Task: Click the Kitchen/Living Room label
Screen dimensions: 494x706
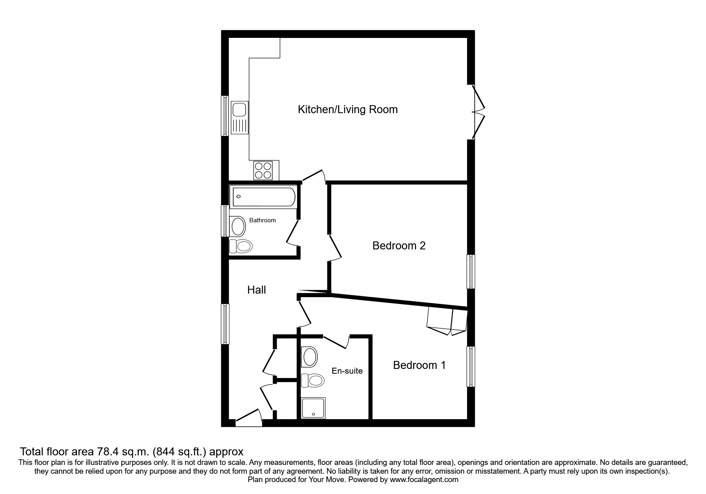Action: pyautogui.click(x=348, y=110)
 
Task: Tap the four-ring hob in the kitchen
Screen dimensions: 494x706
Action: pyautogui.click(x=263, y=170)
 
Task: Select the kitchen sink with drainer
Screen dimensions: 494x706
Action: pyautogui.click(x=240, y=118)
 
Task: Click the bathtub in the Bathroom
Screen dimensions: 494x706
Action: pyautogui.click(x=264, y=197)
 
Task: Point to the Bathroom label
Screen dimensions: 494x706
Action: pyautogui.click(x=262, y=220)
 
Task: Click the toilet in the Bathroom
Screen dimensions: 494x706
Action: pyautogui.click(x=241, y=246)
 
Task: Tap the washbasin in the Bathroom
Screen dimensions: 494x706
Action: pyautogui.click(x=238, y=226)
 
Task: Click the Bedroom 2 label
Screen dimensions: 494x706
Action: pyautogui.click(x=399, y=246)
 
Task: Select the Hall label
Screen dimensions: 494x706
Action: pyautogui.click(x=256, y=290)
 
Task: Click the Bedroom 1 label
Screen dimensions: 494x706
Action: pyautogui.click(x=419, y=365)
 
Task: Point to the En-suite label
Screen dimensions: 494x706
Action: pyautogui.click(x=347, y=371)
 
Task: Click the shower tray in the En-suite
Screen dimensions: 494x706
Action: pyautogui.click(x=314, y=408)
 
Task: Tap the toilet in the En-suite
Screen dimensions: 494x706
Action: pyautogui.click(x=313, y=380)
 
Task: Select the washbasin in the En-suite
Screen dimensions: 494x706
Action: pyautogui.click(x=310, y=357)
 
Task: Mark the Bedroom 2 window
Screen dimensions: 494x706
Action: pyautogui.click(x=471, y=271)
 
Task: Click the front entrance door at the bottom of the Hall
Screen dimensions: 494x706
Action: pyautogui.click(x=248, y=419)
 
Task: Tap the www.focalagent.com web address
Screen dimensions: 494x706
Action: pyautogui.click(x=424, y=480)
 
